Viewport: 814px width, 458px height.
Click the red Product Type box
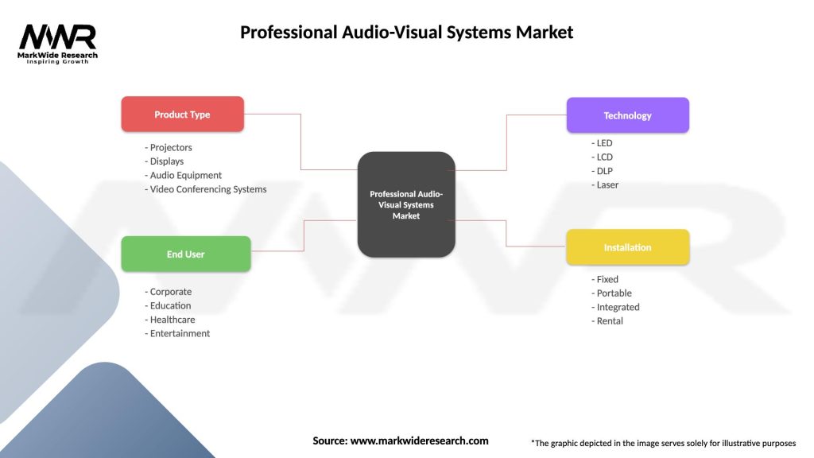pos(182,114)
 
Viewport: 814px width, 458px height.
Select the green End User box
pos(185,254)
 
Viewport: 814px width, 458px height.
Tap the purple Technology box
pos(627,115)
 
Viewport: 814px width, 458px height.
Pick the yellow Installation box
pos(627,247)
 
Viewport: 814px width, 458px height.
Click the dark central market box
pos(406,204)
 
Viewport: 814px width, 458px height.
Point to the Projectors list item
pos(170,148)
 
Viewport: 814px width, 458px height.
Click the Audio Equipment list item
pos(185,176)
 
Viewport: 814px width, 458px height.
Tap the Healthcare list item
pos(172,320)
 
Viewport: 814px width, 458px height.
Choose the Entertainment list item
pos(179,334)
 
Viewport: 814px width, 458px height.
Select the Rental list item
pos(609,321)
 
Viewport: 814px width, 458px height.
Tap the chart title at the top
pos(406,33)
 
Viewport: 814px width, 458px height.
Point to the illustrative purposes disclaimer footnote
pos(663,443)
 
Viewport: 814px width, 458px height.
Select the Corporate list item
pos(170,292)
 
